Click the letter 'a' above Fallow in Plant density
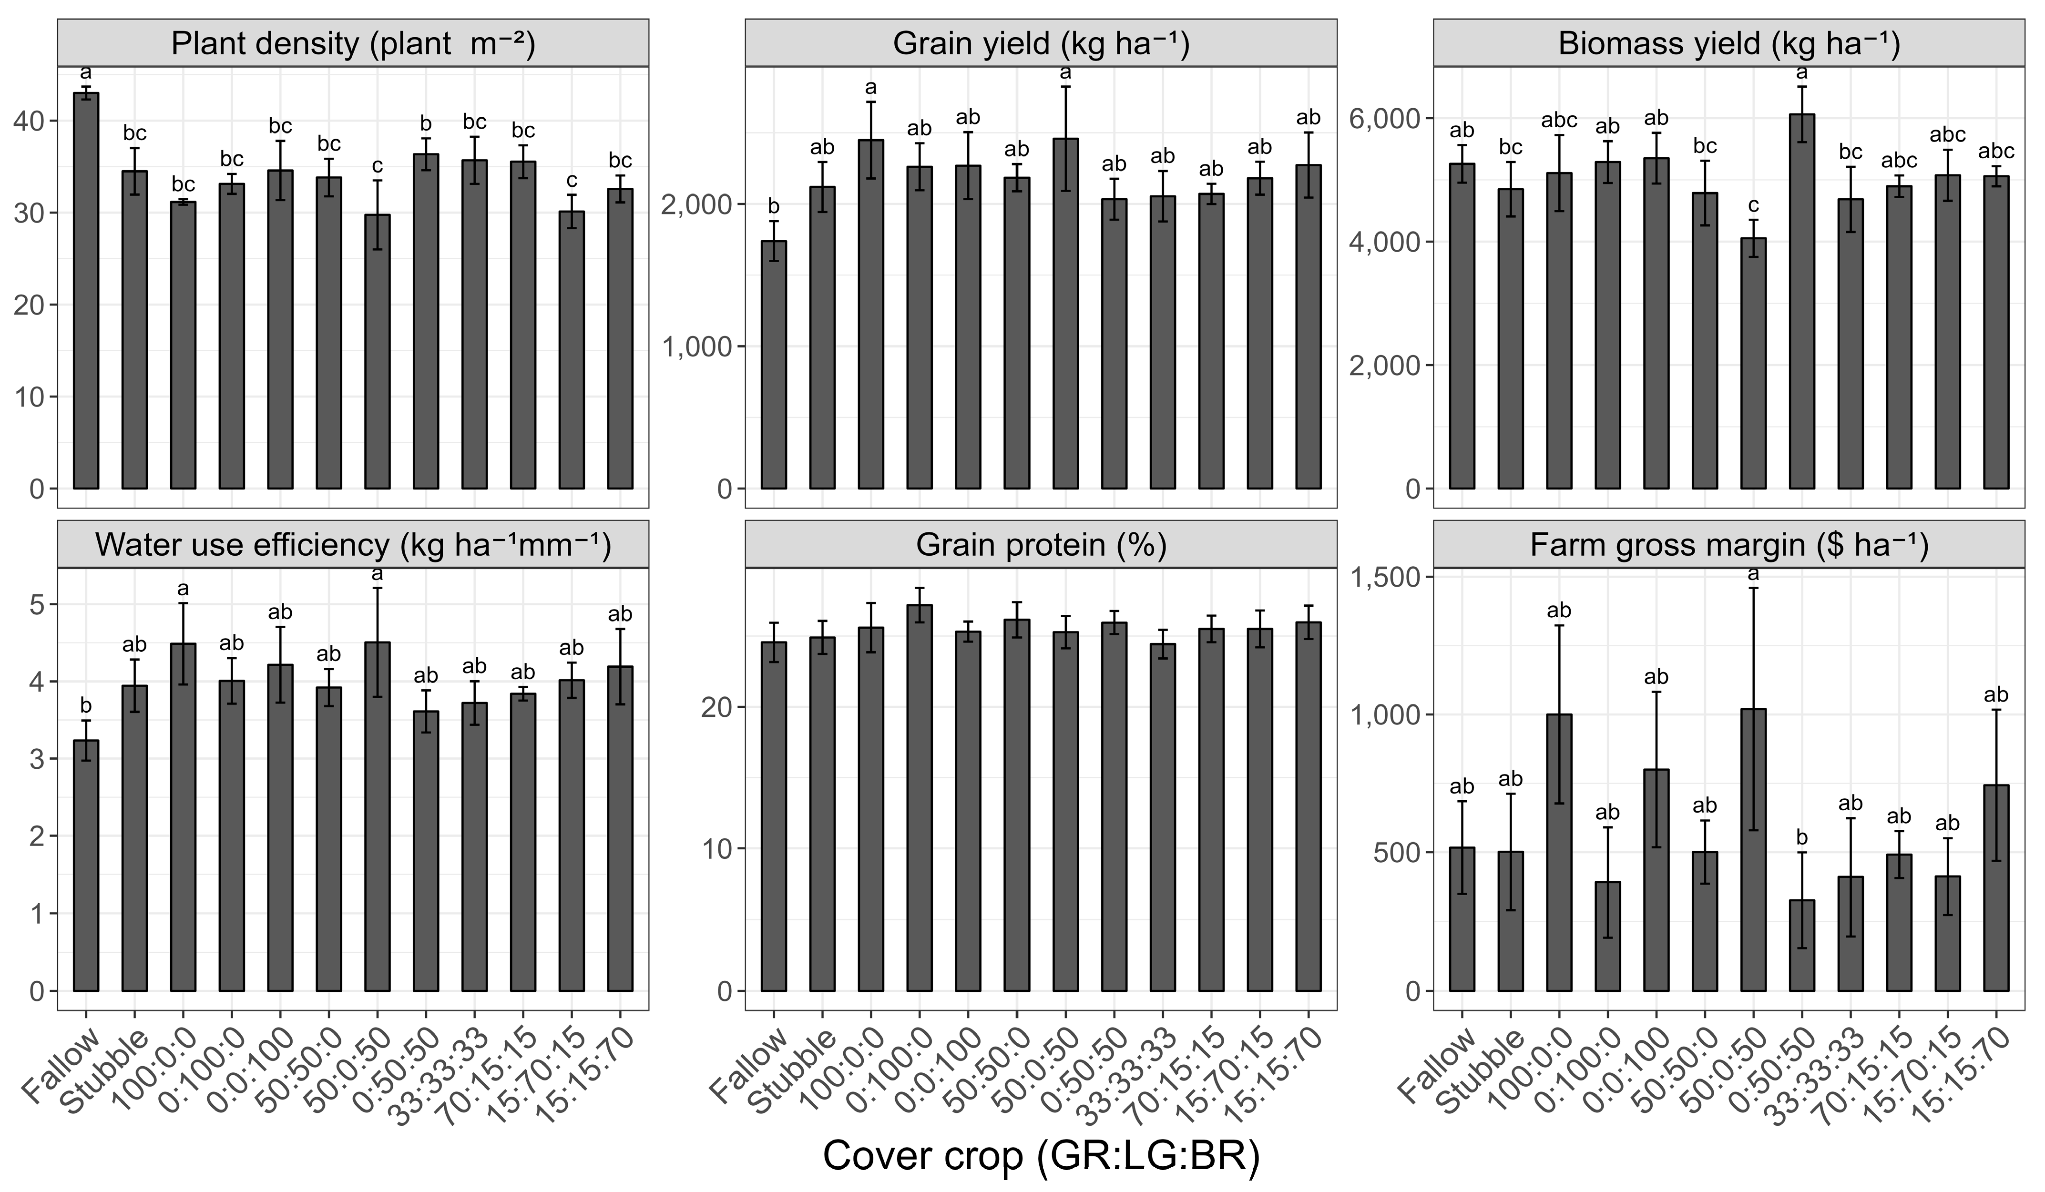point(86,73)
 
